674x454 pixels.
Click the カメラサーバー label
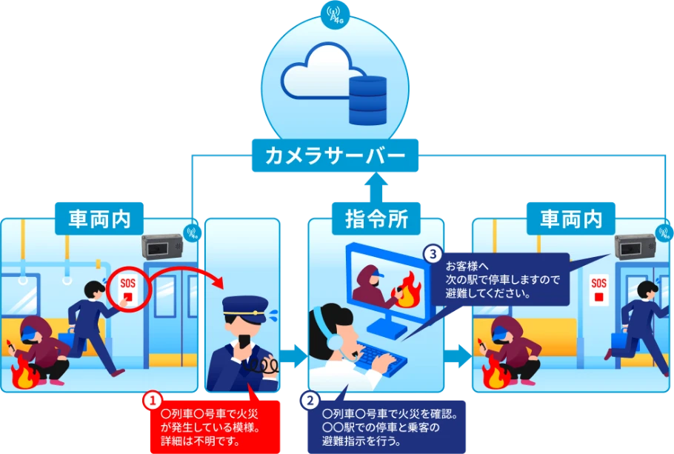[x=335, y=157]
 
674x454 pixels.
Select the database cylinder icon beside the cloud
[x=368, y=99]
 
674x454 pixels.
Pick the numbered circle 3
[x=433, y=254]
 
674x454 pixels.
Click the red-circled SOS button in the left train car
[x=129, y=291]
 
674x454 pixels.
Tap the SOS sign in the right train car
[x=598, y=290]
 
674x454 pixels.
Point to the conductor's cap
[x=244, y=304]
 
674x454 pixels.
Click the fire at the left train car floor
[x=27, y=375]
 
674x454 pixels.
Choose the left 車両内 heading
[x=99, y=218]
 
